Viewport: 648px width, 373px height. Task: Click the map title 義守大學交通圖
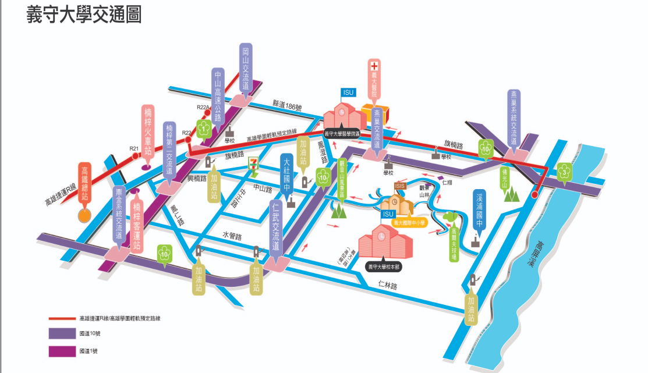coord(84,15)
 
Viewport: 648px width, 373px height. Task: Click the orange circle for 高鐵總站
coord(85,216)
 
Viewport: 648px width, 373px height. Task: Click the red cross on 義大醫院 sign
coord(374,66)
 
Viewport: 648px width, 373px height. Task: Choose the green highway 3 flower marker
coord(564,171)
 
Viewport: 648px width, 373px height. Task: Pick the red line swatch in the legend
coord(62,319)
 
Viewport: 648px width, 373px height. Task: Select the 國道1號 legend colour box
coord(62,351)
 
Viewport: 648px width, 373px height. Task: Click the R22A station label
coord(203,107)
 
